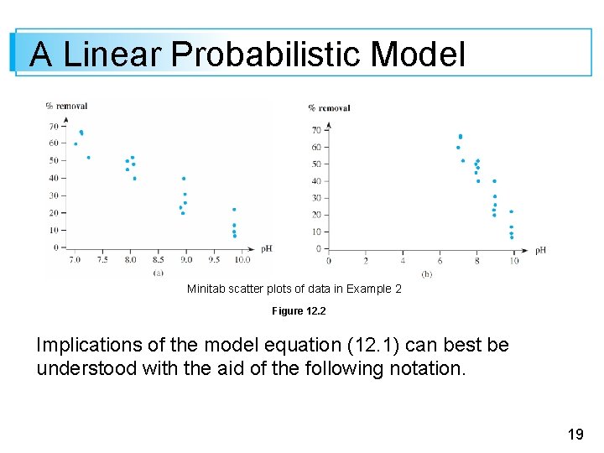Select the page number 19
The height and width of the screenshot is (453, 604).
click(575, 434)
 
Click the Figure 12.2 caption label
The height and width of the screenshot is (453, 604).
click(299, 311)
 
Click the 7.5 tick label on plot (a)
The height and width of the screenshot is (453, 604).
click(102, 260)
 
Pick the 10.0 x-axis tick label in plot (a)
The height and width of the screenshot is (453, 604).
click(242, 260)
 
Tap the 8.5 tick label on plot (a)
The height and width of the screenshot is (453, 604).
click(158, 260)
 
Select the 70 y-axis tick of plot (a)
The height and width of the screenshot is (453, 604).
click(55, 126)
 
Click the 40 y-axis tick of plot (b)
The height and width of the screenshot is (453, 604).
click(316, 180)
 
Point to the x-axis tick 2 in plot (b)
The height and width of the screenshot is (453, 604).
click(366, 261)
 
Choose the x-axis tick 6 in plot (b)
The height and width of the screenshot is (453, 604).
click(440, 261)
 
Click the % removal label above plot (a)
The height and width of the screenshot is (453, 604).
click(66, 106)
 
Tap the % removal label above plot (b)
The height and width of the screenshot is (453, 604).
click(329, 107)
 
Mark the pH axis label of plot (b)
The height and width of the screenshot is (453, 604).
click(540, 249)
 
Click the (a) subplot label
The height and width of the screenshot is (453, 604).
click(158, 272)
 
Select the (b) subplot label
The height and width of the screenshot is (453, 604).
click(426, 273)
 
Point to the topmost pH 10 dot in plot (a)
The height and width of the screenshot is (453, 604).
click(234, 210)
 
